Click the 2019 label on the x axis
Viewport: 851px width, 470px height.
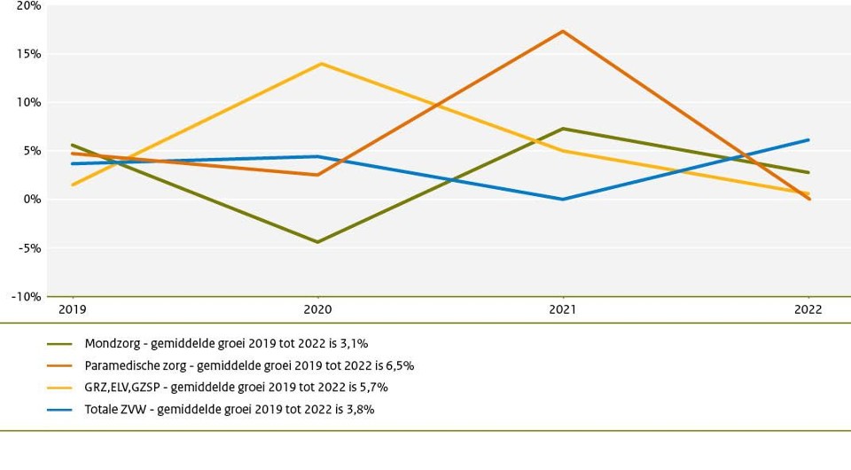coord(73,310)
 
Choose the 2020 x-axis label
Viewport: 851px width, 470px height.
coord(318,310)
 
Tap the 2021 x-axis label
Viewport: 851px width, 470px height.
coord(563,310)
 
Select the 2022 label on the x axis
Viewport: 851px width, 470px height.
coord(808,310)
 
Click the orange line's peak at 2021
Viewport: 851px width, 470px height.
coord(563,31)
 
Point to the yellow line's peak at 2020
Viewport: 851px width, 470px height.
coord(318,63)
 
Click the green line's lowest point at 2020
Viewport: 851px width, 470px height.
coord(318,242)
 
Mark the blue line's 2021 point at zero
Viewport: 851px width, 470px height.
coord(563,200)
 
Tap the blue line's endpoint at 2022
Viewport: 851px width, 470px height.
coord(808,139)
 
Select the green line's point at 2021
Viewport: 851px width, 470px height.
coord(563,129)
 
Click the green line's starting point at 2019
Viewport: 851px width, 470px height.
coord(73,145)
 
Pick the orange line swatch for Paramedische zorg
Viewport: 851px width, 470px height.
coord(60,364)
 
